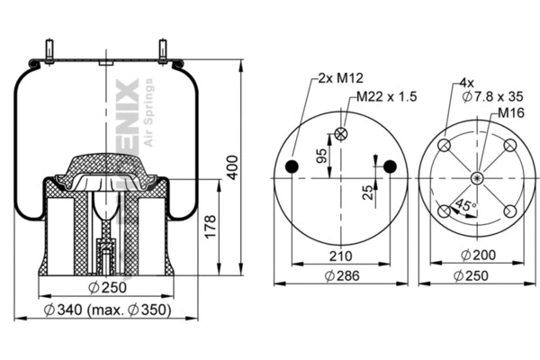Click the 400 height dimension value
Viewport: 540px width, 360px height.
coord(233,163)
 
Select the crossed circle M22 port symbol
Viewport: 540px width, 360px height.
coord(340,134)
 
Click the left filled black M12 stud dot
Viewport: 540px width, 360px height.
coord(291,166)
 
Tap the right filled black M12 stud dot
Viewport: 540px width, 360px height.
coord(390,166)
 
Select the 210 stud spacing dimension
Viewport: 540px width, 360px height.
coord(340,256)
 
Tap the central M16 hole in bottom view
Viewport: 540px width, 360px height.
coord(476,178)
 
